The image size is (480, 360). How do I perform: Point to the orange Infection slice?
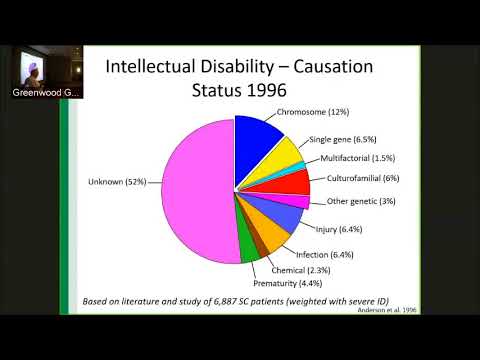point(272,236)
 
